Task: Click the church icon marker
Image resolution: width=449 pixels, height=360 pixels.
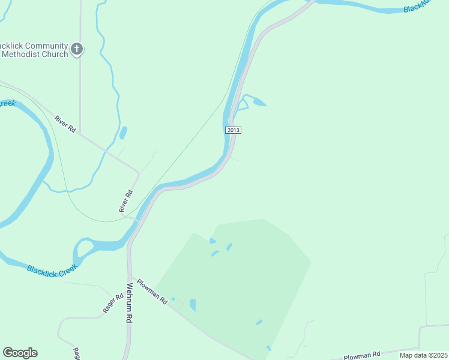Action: [x=76, y=49]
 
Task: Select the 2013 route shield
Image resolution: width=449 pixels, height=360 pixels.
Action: [x=234, y=130]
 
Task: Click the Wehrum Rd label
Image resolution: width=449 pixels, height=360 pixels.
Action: [x=129, y=303]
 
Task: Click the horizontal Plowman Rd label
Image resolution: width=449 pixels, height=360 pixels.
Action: [x=363, y=355]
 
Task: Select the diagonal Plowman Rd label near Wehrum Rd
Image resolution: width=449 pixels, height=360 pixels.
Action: [x=152, y=292]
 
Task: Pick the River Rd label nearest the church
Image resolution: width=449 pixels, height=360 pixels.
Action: [x=65, y=123]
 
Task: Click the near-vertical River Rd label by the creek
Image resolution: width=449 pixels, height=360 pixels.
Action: [x=126, y=201]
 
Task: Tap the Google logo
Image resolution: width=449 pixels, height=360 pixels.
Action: [x=20, y=353]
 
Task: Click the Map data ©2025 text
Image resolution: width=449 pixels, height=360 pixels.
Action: [x=423, y=355]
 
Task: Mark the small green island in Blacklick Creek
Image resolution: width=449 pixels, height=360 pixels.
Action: [x=85, y=246]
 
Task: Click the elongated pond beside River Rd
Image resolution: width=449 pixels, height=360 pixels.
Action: [x=123, y=133]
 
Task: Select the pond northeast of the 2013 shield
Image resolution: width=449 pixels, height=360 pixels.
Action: [x=259, y=102]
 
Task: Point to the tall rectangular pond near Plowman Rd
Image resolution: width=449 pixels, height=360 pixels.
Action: [x=193, y=305]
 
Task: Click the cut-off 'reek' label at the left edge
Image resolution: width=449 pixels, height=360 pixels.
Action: [x=7, y=104]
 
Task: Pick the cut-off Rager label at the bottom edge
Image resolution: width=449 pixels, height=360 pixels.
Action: [x=77, y=354]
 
